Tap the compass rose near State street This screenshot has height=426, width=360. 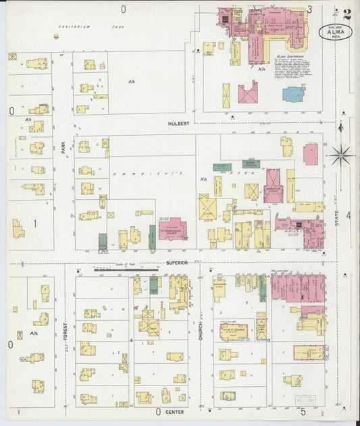pos(341,155)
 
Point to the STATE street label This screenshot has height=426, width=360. pos(338,218)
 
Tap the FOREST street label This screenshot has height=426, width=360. pos(66,331)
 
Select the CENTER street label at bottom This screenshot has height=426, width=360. pos(175,411)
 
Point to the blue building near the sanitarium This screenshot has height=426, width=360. pos(294,94)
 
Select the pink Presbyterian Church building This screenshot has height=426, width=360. pos(173,229)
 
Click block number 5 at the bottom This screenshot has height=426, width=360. pos(303,411)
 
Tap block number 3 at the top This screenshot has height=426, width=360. pos(310,9)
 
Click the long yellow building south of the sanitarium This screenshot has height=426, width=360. pos(226,96)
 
